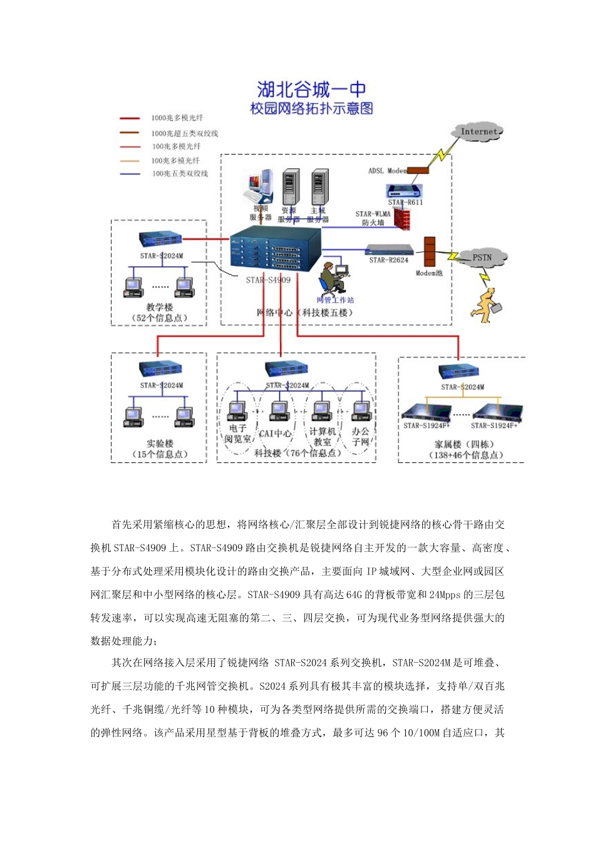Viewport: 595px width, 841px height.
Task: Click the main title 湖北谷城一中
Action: click(x=311, y=89)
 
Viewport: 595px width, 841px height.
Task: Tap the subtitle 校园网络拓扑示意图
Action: click(x=311, y=108)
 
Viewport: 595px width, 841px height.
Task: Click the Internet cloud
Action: click(x=478, y=132)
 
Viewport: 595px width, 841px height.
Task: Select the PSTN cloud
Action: click(x=482, y=257)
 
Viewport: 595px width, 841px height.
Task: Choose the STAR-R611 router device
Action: click(x=404, y=191)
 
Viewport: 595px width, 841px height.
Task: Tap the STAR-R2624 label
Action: click(x=388, y=260)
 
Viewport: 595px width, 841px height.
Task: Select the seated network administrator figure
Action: click(x=332, y=279)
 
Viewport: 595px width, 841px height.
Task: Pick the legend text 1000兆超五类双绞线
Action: click(x=185, y=133)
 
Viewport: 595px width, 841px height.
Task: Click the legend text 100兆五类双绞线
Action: click(x=180, y=173)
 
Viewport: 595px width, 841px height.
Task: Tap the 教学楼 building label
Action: click(x=160, y=307)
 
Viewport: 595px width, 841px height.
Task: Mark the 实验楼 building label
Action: click(x=160, y=444)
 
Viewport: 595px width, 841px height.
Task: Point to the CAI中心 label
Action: click(x=275, y=433)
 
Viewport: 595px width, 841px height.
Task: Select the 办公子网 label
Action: click(x=361, y=437)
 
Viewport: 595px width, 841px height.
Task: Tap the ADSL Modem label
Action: click(x=387, y=171)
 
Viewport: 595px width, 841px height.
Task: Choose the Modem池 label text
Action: click(x=429, y=273)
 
